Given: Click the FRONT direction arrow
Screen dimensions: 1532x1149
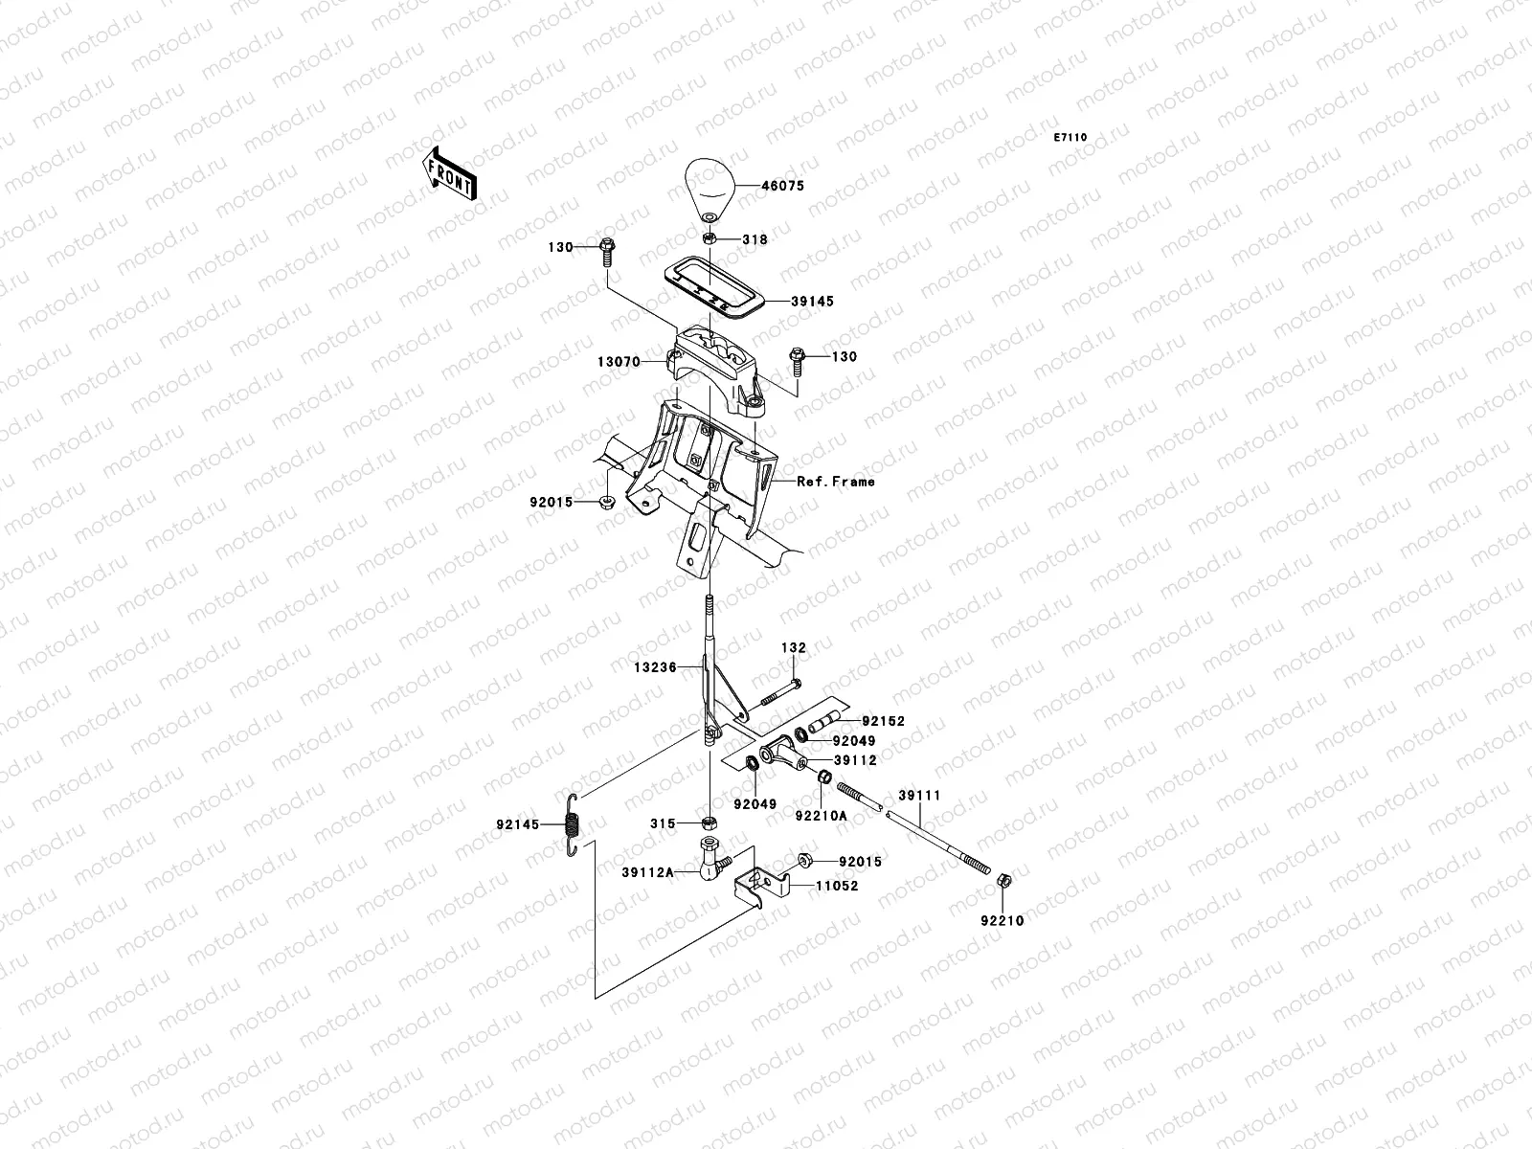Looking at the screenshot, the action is click(x=449, y=173).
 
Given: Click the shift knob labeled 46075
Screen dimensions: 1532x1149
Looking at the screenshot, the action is click(x=710, y=191).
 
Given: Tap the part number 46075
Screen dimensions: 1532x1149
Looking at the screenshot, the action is click(x=782, y=186).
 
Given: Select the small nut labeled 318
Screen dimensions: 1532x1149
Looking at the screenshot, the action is click(x=710, y=238).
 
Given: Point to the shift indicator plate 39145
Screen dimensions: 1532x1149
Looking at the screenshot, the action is click(x=714, y=286).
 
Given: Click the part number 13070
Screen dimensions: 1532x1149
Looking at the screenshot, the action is click(x=619, y=361).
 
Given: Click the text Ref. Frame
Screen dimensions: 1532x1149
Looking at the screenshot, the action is click(x=836, y=482).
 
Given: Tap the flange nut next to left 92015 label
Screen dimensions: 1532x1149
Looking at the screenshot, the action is click(x=607, y=501).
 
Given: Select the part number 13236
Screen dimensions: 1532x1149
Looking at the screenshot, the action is click(x=655, y=667).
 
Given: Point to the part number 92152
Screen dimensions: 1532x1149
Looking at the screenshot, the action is click(x=883, y=721).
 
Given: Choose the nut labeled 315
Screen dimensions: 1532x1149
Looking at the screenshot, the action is click(x=710, y=823).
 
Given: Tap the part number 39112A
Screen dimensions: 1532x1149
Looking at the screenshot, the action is click(x=647, y=872).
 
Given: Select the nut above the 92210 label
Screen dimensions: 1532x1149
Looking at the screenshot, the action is click(x=1003, y=880).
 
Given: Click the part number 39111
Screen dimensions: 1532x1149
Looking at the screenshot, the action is click(x=919, y=796).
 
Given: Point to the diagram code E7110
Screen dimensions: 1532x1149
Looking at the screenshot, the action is click(x=1070, y=138).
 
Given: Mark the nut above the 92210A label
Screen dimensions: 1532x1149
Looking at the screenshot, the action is click(x=823, y=776).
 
